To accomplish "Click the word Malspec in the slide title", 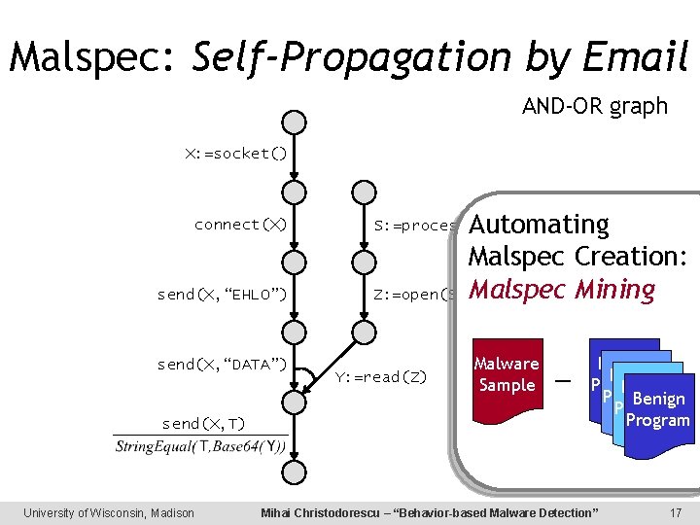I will [x=93, y=57].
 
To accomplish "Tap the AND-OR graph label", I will [x=594, y=107].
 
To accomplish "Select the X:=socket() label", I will [x=237, y=154].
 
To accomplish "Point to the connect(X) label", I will [x=240, y=225].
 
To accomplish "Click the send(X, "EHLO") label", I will [x=222, y=295].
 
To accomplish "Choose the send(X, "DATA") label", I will [x=222, y=365].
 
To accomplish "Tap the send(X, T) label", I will [x=203, y=423].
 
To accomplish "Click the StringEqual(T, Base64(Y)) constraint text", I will [x=200, y=446].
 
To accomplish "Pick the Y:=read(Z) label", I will [x=380, y=376].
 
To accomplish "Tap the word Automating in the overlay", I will [x=538, y=225].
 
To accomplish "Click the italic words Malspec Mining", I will [x=562, y=290].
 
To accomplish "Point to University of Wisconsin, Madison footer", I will [x=109, y=512].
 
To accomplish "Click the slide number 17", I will [x=675, y=512].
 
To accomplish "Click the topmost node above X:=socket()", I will [x=294, y=122].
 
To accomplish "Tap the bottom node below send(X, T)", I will [x=294, y=472].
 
